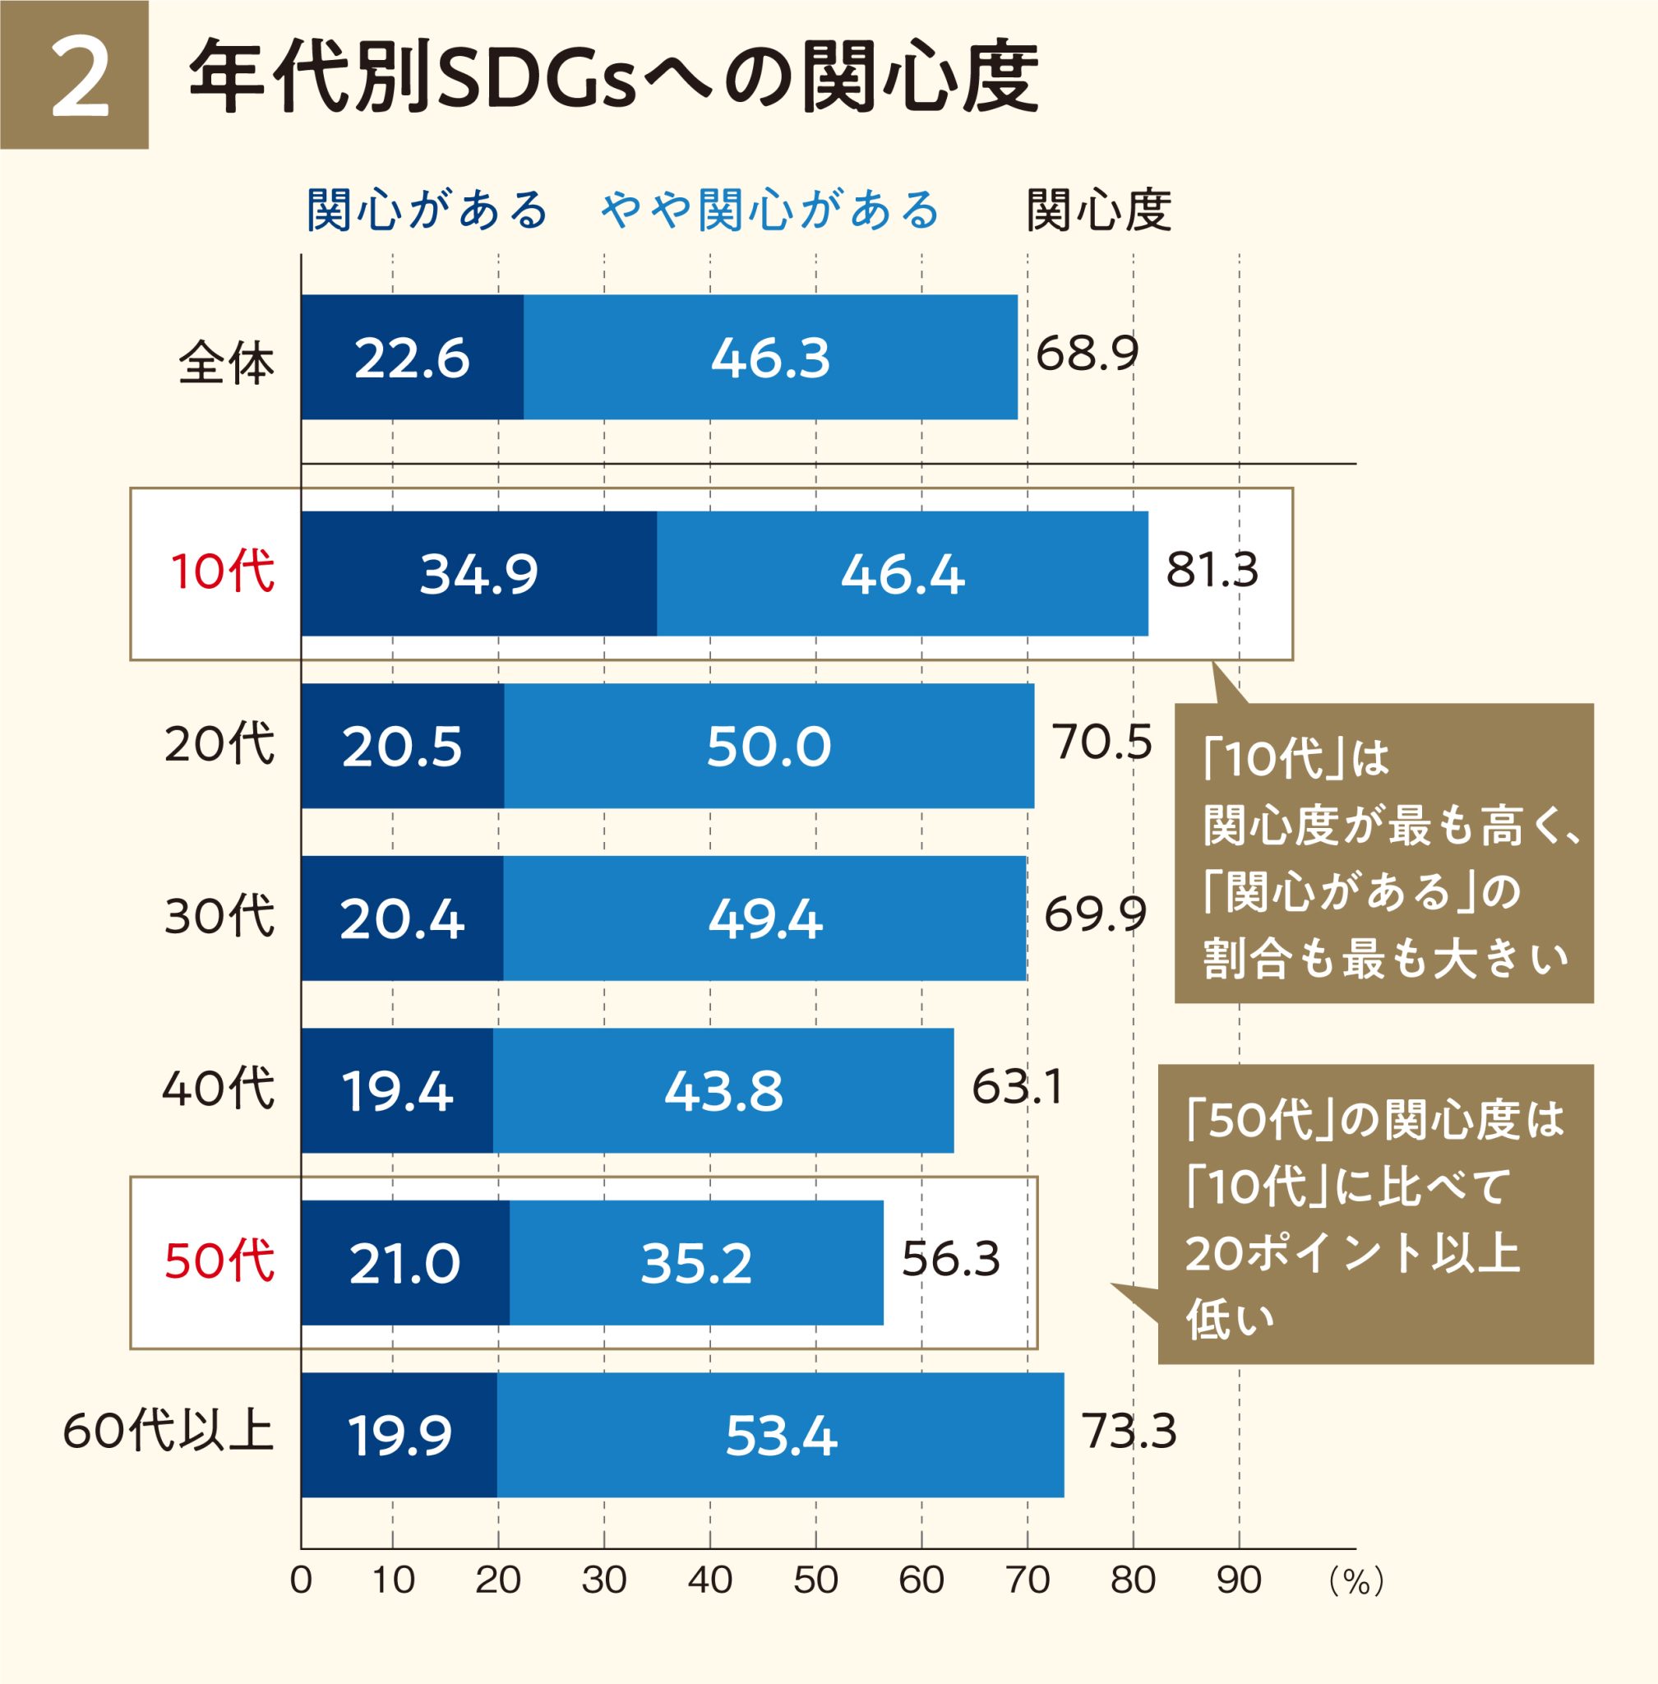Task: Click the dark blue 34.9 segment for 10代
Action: [479, 574]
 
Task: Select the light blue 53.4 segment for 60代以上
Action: [780, 1436]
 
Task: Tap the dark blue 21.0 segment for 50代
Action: [405, 1264]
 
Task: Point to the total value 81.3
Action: [1212, 571]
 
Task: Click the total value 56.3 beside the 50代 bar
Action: [951, 1259]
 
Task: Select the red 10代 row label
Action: [222, 572]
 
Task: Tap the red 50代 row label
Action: [219, 1261]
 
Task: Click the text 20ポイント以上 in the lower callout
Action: [1351, 1254]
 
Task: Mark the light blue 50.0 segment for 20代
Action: [768, 747]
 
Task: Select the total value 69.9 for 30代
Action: [1095, 914]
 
